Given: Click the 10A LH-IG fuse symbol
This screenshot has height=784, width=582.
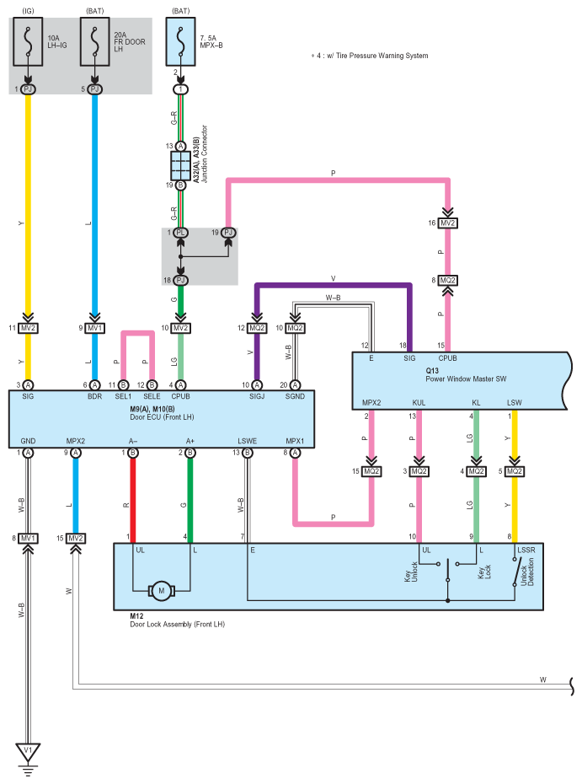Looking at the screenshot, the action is (x=28, y=42).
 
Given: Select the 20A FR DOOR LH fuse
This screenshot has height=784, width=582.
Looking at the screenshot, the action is (x=95, y=42).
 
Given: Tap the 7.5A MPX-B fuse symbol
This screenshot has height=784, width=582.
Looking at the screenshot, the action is (x=180, y=42).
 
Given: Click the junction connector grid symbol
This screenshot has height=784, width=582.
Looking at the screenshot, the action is (x=180, y=166).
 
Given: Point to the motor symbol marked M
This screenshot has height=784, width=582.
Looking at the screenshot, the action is (x=162, y=591).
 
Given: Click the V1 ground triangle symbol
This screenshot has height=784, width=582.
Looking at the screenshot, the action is (x=28, y=752).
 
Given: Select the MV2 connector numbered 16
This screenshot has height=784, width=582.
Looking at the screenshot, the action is (x=447, y=223).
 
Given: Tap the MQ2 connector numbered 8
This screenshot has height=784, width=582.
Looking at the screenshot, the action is (x=447, y=281).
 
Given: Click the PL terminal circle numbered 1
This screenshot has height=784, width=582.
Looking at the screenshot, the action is (x=180, y=233).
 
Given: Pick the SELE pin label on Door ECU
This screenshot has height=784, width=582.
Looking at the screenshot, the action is (x=152, y=396).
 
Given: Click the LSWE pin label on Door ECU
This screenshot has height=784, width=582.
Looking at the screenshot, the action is (x=248, y=441).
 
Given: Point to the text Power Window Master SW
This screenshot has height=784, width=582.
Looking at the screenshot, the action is (x=466, y=379).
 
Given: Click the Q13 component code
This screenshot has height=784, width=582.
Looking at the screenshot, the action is (x=432, y=370).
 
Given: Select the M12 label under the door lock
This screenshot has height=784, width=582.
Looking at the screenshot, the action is (x=136, y=616).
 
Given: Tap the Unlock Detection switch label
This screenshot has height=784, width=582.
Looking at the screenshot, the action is (x=527, y=572).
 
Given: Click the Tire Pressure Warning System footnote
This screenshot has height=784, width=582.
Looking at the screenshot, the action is (x=370, y=56).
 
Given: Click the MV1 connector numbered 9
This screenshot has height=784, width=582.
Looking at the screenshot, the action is (x=95, y=328).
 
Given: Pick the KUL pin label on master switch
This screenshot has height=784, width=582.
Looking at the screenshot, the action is (x=419, y=402).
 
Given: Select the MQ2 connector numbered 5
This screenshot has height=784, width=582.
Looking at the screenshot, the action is (x=515, y=471).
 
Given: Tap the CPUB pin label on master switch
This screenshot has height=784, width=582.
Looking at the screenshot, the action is (x=447, y=358).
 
